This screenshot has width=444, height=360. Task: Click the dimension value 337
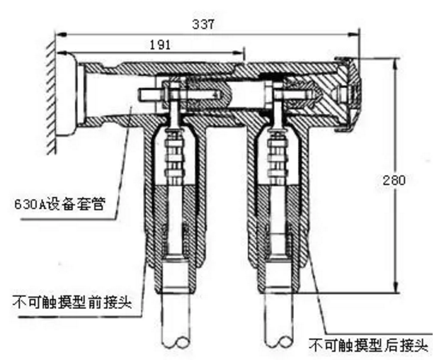[205, 23]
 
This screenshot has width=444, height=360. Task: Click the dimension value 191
[161, 43]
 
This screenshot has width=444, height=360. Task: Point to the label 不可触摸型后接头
[369, 347]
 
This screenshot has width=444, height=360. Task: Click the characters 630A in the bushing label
[27, 206]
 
